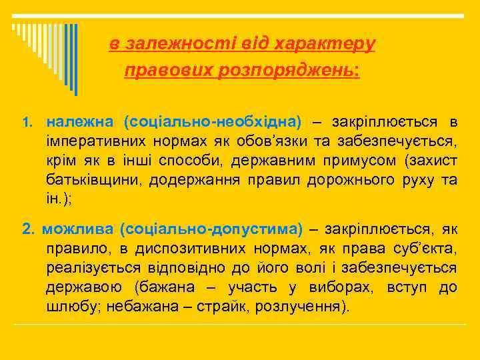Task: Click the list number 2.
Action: coord(28,230)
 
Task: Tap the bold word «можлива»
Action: coord(78,229)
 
